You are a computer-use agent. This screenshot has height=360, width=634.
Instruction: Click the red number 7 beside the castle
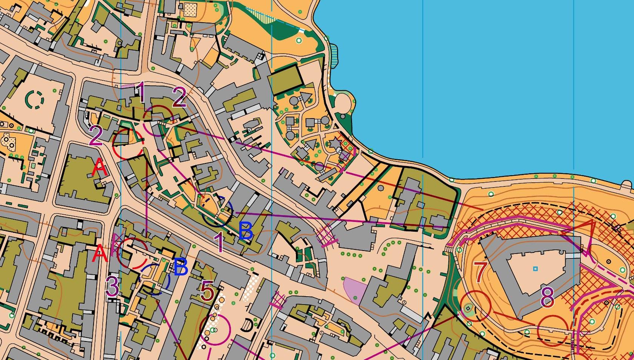(480, 272)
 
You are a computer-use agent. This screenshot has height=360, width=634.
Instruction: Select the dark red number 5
(207, 291)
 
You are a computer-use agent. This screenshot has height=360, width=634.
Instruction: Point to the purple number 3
(112, 286)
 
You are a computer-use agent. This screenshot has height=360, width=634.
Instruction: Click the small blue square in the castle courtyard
(535, 269)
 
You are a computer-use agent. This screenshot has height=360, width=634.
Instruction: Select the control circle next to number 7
(475, 306)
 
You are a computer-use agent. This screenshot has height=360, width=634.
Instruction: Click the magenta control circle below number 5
(215, 329)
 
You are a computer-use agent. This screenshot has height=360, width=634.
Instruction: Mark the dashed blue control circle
(155, 279)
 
